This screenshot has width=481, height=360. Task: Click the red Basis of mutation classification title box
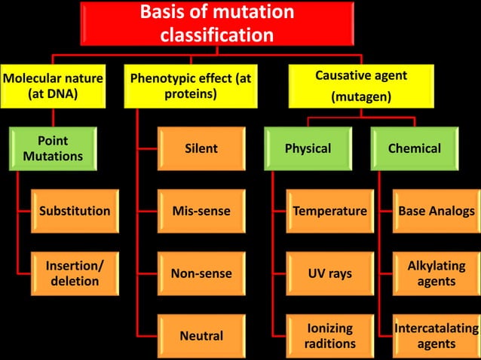[x=217, y=23]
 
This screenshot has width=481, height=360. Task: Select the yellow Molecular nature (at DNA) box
[x=53, y=86]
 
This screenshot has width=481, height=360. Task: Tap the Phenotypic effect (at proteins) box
[x=191, y=86]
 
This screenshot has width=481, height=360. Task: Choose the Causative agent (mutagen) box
[x=361, y=86]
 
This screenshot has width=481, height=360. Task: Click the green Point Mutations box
[x=53, y=149]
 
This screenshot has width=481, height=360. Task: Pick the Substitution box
[x=74, y=211]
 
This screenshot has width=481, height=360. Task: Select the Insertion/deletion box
[x=74, y=273]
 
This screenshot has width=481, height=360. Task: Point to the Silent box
[x=201, y=149]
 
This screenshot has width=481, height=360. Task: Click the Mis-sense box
[x=201, y=211]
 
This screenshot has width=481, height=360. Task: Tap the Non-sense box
[x=201, y=273]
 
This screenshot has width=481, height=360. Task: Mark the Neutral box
[x=201, y=335]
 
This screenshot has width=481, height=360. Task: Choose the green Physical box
[x=308, y=149]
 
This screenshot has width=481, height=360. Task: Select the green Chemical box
[x=414, y=149]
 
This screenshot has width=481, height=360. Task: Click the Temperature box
[x=329, y=211]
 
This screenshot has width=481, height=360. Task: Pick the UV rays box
[x=329, y=273]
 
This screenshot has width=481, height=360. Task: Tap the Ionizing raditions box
[x=329, y=335]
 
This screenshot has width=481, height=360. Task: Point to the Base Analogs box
[x=437, y=211]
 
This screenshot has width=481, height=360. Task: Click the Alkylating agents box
[x=437, y=273]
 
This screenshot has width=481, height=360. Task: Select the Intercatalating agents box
[x=437, y=335]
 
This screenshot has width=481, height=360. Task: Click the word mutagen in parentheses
[x=361, y=96]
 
